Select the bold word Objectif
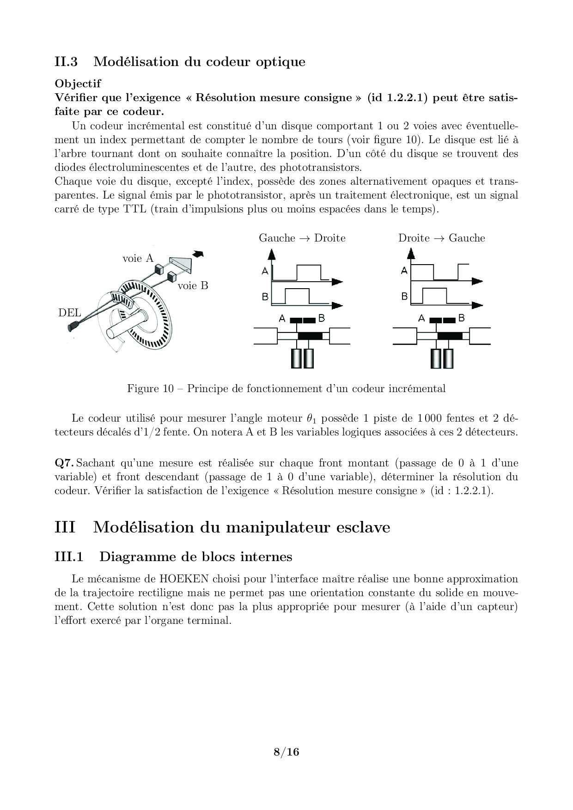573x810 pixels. pyautogui.click(x=78, y=84)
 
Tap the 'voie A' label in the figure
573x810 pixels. pyautogui.click(x=138, y=259)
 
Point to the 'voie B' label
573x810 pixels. pyautogui.click(x=193, y=286)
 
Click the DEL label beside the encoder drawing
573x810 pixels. pyautogui.click(x=70, y=313)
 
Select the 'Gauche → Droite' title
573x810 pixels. pyautogui.click(x=302, y=238)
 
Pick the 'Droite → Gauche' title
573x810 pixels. pyautogui.click(x=441, y=238)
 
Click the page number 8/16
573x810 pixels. pyautogui.click(x=286, y=752)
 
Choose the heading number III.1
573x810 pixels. pyautogui.click(x=69, y=557)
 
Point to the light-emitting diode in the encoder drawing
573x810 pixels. pyautogui.click(x=73, y=327)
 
